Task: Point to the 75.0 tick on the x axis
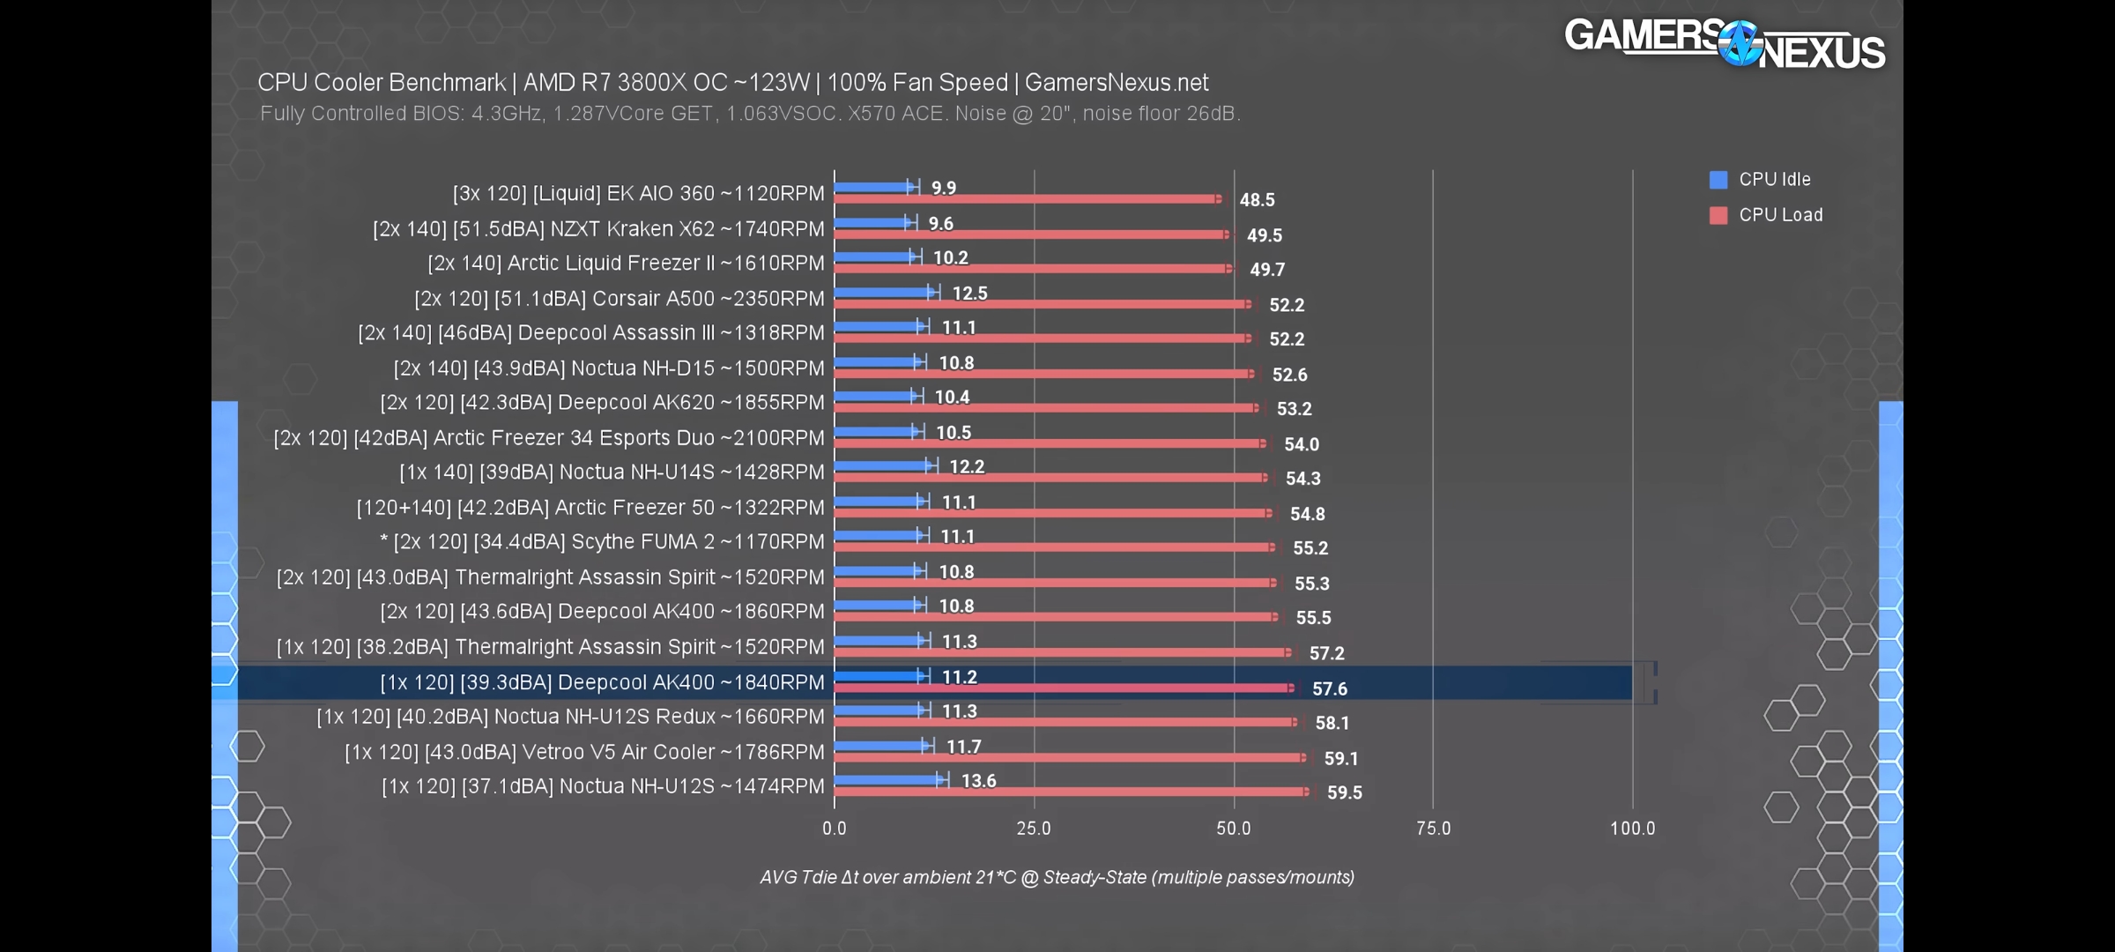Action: pos(1433,829)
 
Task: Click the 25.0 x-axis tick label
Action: pos(1034,829)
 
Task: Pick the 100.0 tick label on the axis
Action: pos(1632,829)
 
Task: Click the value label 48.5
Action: pos(1257,200)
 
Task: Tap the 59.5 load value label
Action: pos(1344,792)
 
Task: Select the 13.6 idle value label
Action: pos(978,781)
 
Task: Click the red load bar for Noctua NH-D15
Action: pos(1040,374)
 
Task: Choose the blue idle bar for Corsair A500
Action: pos(881,292)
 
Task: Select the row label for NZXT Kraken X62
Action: pos(598,229)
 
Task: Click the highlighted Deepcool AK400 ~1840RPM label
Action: pos(603,682)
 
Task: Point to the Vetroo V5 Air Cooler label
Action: pos(584,752)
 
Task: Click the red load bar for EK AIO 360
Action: pos(1022,199)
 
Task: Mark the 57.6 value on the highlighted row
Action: pos(1329,688)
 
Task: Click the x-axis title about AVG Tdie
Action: pos(1057,877)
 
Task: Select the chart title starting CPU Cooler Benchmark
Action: pos(732,83)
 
